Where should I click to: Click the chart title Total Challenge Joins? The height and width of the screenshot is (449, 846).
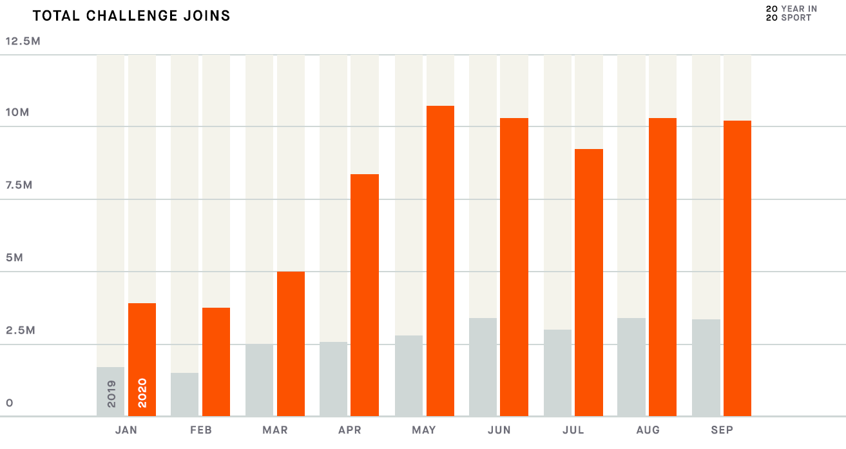click(131, 15)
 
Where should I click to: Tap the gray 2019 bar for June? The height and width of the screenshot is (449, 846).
click(483, 367)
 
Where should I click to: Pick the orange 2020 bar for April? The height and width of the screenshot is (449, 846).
click(365, 295)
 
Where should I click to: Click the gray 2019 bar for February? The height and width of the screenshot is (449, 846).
click(184, 394)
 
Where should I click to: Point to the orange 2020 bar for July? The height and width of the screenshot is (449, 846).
click(589, 283)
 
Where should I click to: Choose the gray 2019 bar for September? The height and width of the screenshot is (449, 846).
click(706, 368)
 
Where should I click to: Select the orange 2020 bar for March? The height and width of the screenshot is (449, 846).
click(291, 344)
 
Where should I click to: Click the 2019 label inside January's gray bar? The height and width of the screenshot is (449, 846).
click(111, 393)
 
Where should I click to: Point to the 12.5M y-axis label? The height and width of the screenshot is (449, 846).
click(23, 41)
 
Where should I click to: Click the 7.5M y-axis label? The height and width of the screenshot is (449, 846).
click(19, 186)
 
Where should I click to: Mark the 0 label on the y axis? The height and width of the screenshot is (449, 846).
click(10, 403)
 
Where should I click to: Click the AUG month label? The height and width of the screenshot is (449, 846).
click(648, 430)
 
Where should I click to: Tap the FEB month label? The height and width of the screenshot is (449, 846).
click(201, 430)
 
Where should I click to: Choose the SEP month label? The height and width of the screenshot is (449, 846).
click(722, 430)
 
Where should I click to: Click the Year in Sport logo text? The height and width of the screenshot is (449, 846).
click(791, 13)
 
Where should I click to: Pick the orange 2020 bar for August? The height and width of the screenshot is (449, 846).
click(662, 267)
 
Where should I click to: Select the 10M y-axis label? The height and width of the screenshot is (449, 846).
click(17, 113)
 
